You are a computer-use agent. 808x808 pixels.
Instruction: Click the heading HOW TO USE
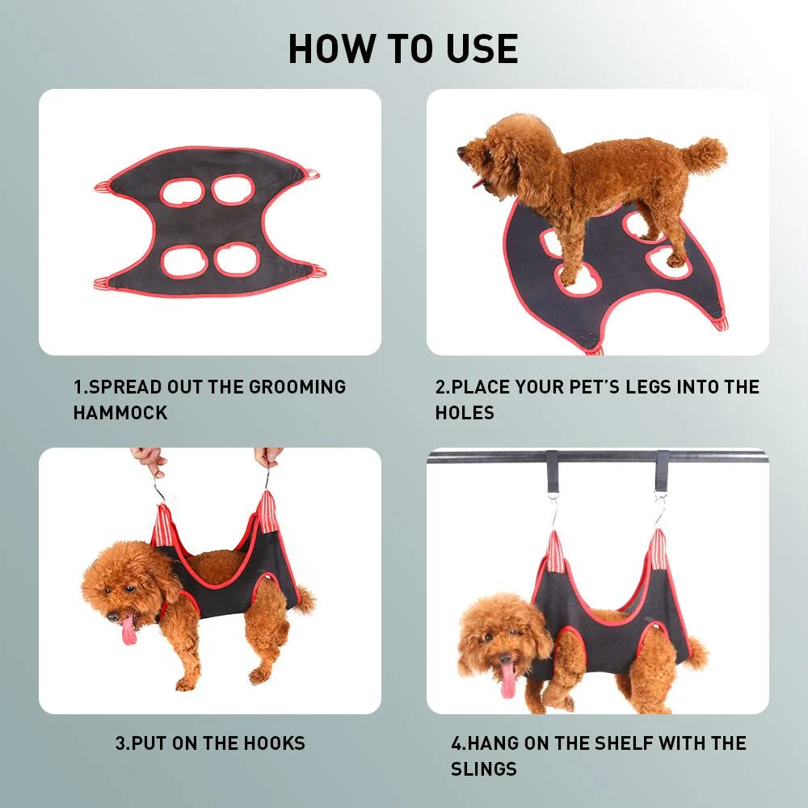tap(403, 48)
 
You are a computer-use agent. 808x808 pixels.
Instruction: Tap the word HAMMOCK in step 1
tap(120, 413)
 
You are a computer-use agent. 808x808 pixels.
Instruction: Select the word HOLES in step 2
tap(465, 413)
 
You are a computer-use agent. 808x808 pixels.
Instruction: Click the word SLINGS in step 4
tap(484, 768)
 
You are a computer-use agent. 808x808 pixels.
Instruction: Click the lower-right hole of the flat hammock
tap(234, 259)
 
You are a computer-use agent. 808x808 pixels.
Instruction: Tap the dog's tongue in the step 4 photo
tap(508, 680)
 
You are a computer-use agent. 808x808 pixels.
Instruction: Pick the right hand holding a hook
tap(267, 457)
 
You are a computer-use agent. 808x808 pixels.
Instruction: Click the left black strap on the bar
tap(553, 467)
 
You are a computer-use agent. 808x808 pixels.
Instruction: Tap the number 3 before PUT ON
tap(120, 743)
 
